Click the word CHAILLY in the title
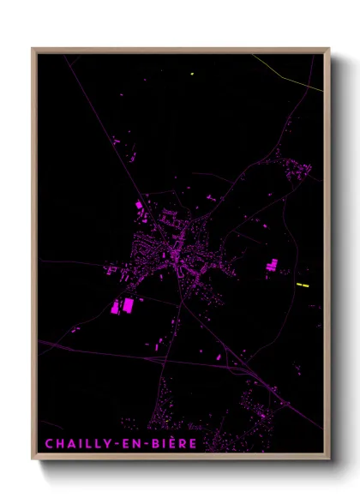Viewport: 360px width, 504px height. point(78,444)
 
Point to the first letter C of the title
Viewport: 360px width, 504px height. point(49,444)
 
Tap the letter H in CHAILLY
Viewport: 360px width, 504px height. point(59,444)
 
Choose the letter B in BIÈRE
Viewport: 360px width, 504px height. point(155,444)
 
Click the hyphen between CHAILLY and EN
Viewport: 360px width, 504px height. point(117,444)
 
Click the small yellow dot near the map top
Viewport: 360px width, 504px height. point(192,74)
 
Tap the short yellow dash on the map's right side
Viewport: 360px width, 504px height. point(302,284)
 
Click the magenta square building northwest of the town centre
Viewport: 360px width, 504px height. point(138,206)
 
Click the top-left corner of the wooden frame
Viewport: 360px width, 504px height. point(33,48)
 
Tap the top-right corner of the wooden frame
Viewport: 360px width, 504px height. point(329,48)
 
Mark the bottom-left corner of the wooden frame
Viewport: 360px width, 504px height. point(33,459)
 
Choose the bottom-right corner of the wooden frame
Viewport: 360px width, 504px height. point(329,459)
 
